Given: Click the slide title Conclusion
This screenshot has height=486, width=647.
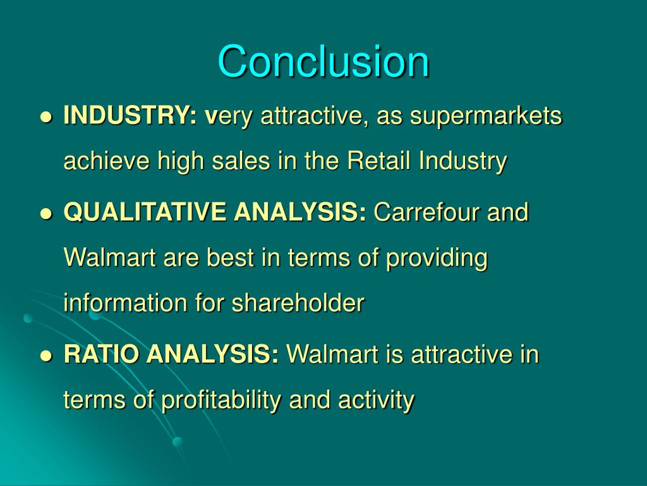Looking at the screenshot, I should [x=323, y=61].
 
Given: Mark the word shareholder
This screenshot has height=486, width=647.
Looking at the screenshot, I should [x=298, y=304].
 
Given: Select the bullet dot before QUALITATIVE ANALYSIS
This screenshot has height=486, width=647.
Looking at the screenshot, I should [x=45, y=214].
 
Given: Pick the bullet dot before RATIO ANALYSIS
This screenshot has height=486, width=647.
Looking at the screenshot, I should [x=45, y=356].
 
